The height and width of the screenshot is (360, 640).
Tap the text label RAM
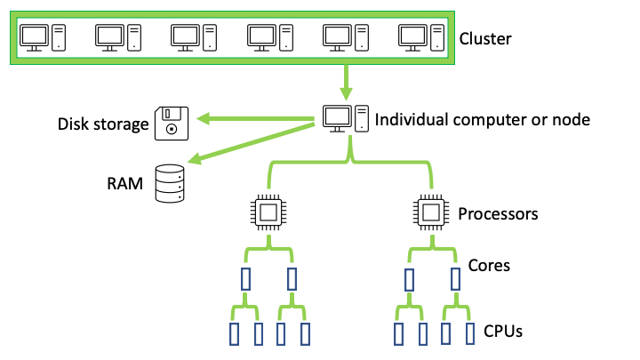click(124, 185)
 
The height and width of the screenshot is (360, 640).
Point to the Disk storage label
click(102, 124)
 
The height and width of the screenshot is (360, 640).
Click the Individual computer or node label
click(483, 119)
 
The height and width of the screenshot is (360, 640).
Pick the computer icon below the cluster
click(344, 119)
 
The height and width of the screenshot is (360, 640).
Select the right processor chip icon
click(430, 212)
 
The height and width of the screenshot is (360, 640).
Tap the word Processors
click(498, 214)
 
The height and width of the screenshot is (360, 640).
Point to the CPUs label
click(502, 332)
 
